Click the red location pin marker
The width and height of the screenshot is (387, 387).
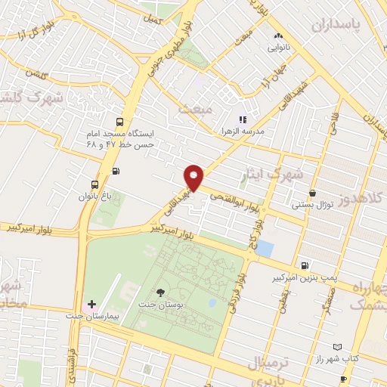pyautogui.click(x=194, y=177)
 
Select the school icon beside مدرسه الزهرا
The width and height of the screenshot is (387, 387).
pyautogui.click(x=243, y=119)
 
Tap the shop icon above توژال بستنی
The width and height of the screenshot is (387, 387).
pyautogui.click(x=313, y=193)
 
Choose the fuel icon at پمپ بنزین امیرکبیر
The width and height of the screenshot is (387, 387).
pyautogui.click(x=304, y=265)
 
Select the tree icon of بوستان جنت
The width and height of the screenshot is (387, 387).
pyautogui.click(x=160, y=293)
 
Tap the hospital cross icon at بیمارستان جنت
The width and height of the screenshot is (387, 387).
pyautogui.click(x=91, y=304)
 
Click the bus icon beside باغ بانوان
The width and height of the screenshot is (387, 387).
pyautogui.click(x=94, y=184)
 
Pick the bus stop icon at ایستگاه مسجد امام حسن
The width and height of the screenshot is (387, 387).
pyautogui.click(x=120, y=122)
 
